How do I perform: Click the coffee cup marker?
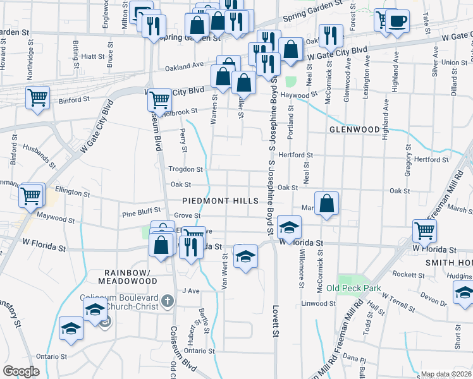pyautogui.click(x=397, y=21)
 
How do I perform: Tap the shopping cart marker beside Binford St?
pyautogui.click(x=38, y=98)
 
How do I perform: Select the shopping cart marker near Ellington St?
pyautogui.click(x=31, y=195)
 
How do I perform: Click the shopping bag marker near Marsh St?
pyautogui.click(x=326, y=203)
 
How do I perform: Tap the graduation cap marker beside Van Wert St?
pyautogui.click(x=245, y=256)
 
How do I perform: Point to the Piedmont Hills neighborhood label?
pyautogui.click(x=220, y=201)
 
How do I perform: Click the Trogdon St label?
pyautogui.click(x=185, y=169)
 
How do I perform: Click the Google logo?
pyautogui.click(x=21, y=371)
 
